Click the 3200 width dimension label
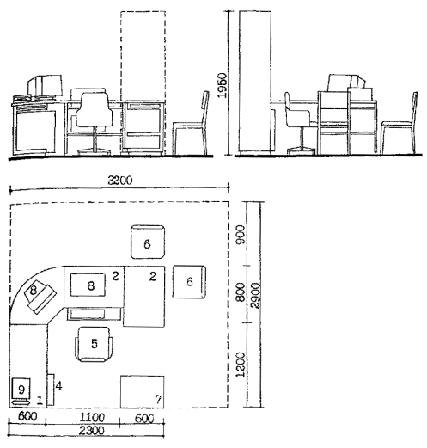[x=120, y=181]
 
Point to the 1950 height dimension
[x=222, y=85]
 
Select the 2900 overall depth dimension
[x=254, y=296]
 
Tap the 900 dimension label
[x=240, y=235]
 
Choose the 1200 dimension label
[x=241, y=365]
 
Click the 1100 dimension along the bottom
[x=92, y=417]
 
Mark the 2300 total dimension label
[x=92, y=431]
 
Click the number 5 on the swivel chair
[x=95, y=343]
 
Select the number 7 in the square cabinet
[x=158, y=399]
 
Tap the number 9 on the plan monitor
[x=21, y=390]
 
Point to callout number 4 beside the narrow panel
[x=58, y=386]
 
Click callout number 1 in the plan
[x=40, y=400]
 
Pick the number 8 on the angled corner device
[x=34, y=290]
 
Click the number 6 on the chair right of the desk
[x=190, y=282]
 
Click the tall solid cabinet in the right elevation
[x=255, y=82]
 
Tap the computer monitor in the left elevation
[x=46, y=85]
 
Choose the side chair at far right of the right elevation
[x=399, y=123]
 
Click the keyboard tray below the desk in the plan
[x=95, y=314]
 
